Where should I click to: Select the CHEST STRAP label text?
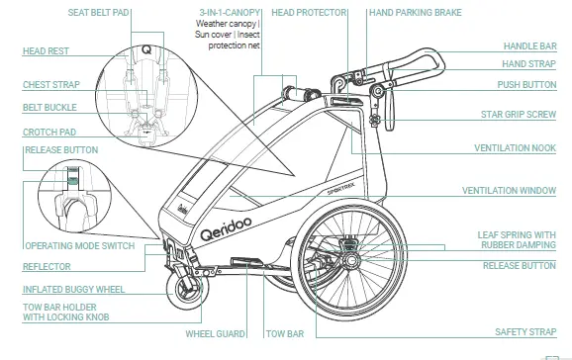pyautogui.click(x=50, y=85)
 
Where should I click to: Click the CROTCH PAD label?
pyautogui.click(x=49, y=132)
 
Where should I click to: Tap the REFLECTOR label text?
pyautogui.click(x=47, y=267)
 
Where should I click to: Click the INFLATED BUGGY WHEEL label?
pyautogui.click(x=74, y=290)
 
